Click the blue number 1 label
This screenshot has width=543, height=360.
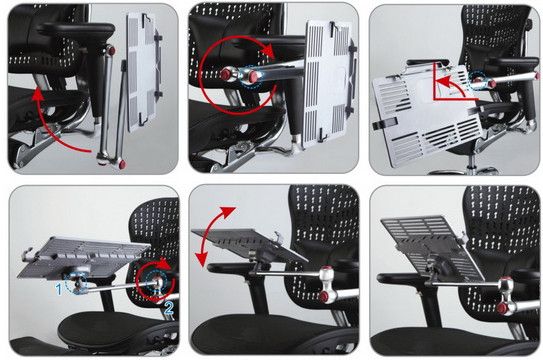[59, 289]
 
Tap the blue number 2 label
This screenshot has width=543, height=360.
[169, 308]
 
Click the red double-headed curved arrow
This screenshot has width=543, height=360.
[212, 236]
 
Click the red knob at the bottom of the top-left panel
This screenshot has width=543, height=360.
[122, 164]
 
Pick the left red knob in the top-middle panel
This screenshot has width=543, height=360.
[226, 74]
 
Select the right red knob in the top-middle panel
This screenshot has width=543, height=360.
[254, 77]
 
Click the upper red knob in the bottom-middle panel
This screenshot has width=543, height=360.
[327, 269]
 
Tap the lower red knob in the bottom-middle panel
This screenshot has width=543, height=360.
[325, 296]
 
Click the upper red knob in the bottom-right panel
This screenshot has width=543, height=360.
[507, 280]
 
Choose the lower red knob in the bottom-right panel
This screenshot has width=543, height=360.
[502, 308]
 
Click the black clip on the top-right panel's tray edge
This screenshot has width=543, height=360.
[384, 123]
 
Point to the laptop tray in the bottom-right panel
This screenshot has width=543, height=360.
[432, 249]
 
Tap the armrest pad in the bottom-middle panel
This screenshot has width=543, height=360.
[230, 267]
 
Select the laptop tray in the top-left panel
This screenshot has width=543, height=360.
[143, 72]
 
